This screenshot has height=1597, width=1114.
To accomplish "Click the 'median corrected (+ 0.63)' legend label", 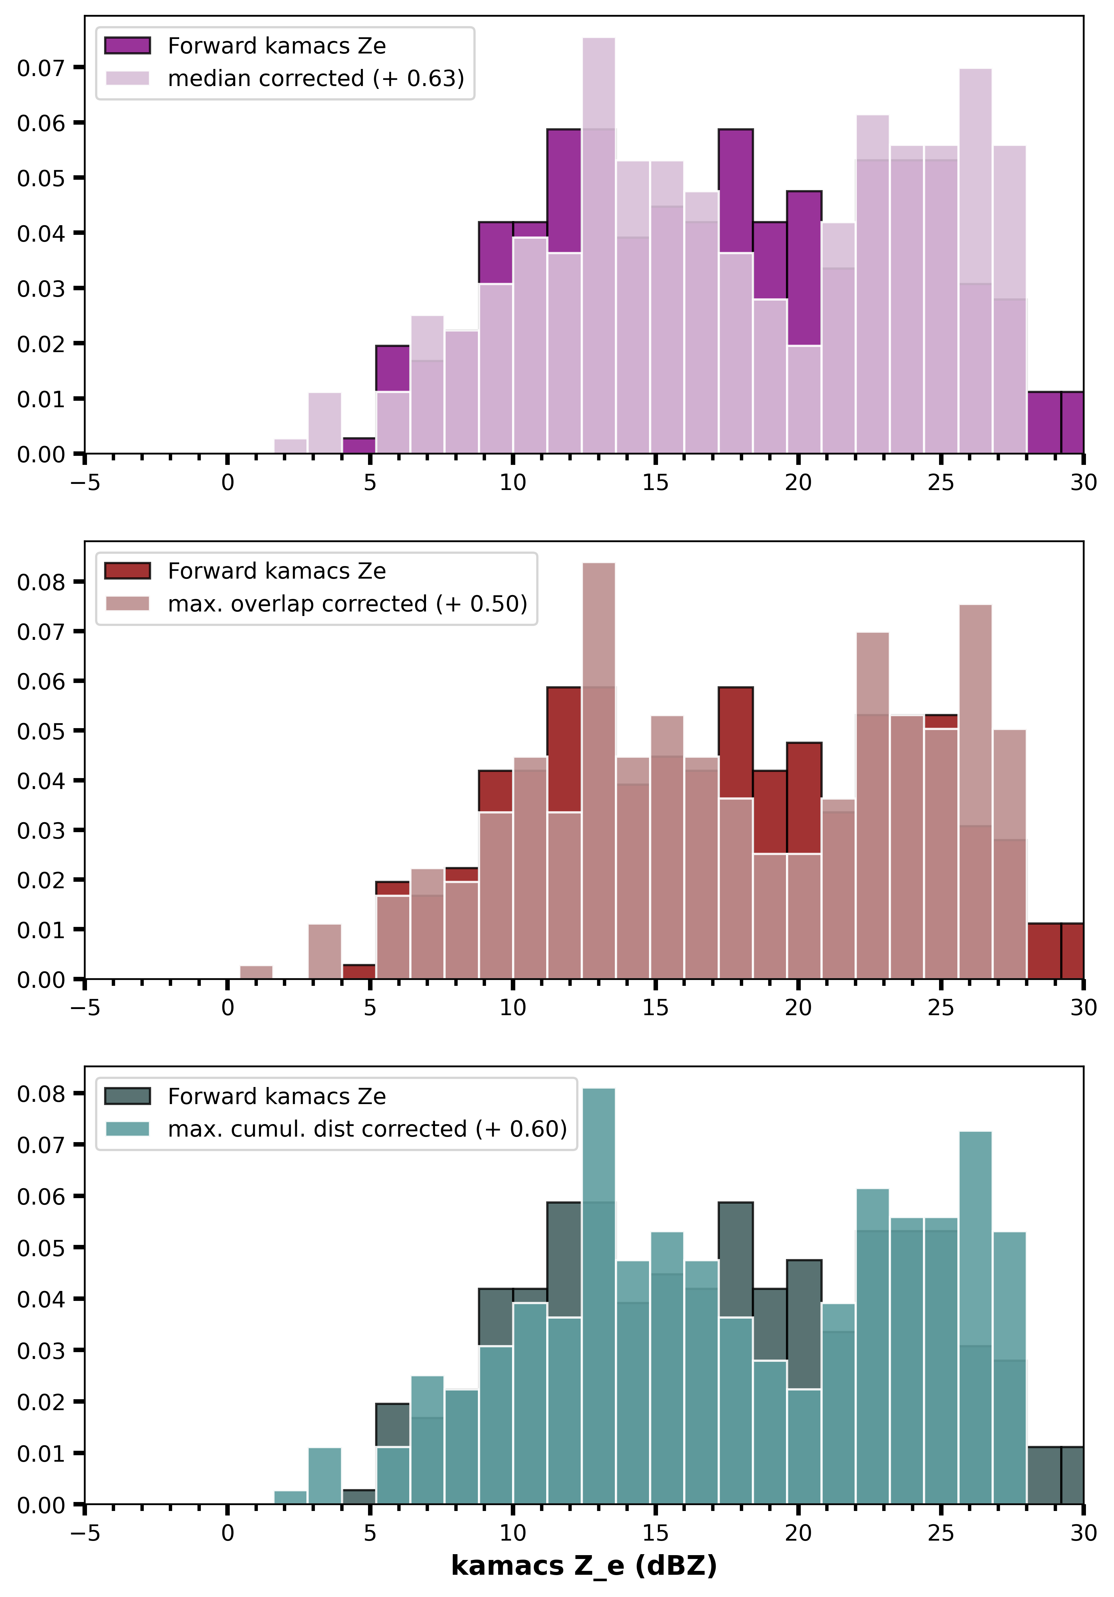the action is pos(316,78).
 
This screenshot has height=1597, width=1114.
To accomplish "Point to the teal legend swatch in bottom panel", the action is pos(127,1128).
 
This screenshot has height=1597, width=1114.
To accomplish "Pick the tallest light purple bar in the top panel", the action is pos(598,245).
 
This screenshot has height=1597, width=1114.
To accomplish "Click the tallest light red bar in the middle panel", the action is pos(598,771).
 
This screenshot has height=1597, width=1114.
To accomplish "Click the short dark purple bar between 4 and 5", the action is pos(359,446).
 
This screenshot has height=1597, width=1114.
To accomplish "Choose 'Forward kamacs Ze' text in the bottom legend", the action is pos(277,1096).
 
